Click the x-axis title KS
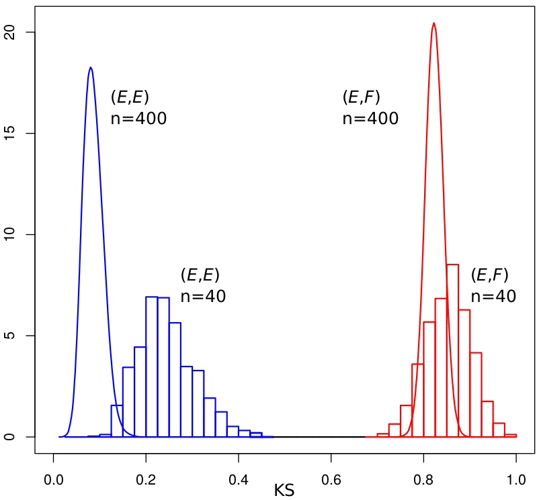284,491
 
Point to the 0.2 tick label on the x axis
146,480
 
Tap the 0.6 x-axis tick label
331,480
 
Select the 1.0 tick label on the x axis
516,480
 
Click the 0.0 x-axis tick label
54,480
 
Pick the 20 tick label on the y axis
10,32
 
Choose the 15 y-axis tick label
10,134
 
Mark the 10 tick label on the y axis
10,235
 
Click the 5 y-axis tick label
10,336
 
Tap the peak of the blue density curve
91,67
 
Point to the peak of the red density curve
433,23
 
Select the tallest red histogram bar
452,350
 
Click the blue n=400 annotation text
138,119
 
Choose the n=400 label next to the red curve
370,119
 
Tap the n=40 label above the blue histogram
203,297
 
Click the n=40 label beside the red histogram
494,297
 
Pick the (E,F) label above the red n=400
362,97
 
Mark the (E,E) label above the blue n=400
130,97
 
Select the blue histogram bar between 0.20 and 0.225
152,366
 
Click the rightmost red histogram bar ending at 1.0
510,436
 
